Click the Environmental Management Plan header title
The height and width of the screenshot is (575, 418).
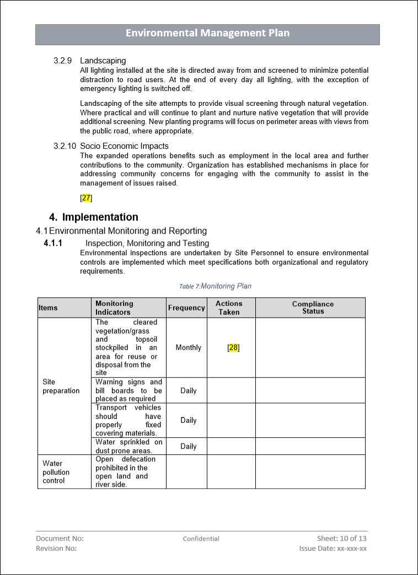(x=207, y=33)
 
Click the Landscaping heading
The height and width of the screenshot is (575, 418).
(x=103, y=61)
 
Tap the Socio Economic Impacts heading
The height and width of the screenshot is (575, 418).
(x=124, y=146)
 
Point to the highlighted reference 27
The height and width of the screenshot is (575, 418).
(x=86, y=198)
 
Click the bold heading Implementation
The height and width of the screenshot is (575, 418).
(x=100, y=217)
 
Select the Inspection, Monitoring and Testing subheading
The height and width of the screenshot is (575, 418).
(x=147, y=243)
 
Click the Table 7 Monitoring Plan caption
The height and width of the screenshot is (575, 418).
(x=215, y=286)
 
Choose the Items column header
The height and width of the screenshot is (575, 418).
(x=48, y=308)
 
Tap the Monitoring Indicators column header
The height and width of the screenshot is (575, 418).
(x=114, y=308)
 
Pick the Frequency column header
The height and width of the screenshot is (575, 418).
(x=186, y=308)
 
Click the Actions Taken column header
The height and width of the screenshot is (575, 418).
(x=229, y=308)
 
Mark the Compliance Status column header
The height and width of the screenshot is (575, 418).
(x=313, y=308)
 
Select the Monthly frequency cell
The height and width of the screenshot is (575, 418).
(x=188, y=348)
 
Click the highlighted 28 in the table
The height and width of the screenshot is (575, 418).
(x=233, y=348)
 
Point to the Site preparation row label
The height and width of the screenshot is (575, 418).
(x=61, y=386)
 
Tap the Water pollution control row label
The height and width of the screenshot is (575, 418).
(x=56, y=472)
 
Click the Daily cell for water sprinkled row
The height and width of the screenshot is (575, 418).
(x=188, y=447)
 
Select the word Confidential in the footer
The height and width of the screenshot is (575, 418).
(x=201, y=539)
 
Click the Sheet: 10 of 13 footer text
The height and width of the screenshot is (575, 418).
(x=342, y=538)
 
